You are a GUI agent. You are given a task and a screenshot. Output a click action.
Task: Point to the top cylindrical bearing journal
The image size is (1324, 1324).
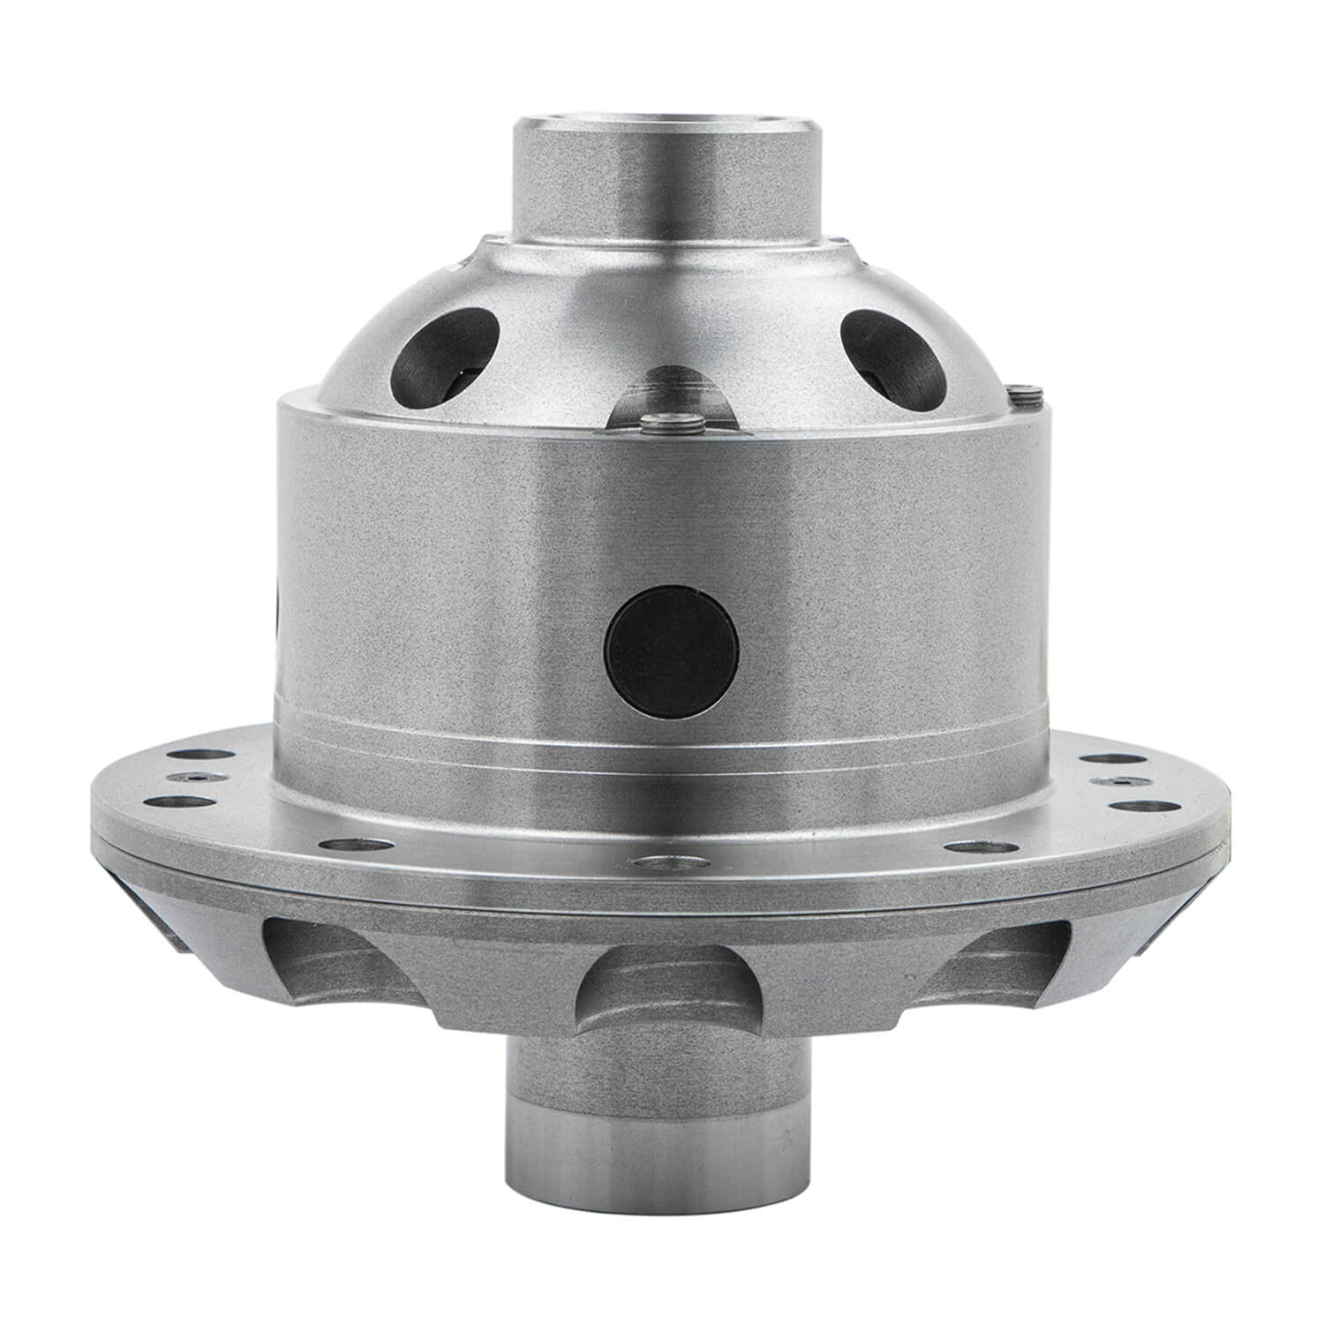(x=668, y=177)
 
